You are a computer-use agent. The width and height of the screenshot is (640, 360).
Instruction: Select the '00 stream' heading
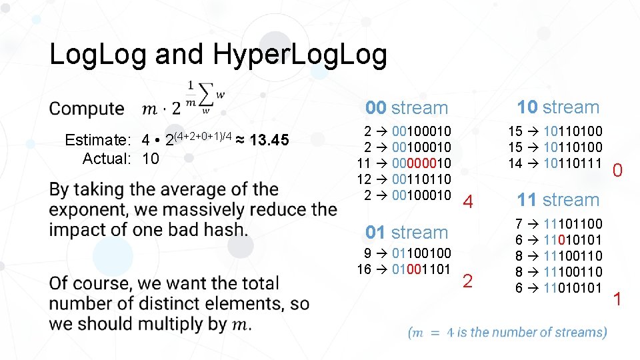(407, 108)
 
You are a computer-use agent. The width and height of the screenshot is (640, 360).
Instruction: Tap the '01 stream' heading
(407, 233)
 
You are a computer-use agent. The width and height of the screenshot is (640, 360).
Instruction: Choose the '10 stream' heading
(558, 107)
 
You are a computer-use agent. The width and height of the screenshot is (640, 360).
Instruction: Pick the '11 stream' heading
(558, 199)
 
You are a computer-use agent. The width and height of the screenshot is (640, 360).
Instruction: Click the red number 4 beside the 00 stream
(468, 202)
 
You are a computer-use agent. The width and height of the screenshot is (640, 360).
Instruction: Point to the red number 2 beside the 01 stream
(467, 281)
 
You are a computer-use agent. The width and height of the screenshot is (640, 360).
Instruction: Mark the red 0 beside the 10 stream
(617, 171)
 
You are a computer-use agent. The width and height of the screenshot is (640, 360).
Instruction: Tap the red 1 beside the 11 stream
(617, 299)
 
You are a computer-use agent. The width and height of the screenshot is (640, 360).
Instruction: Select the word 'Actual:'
(107, 159)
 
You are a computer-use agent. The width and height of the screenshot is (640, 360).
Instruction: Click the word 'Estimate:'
(97, 140)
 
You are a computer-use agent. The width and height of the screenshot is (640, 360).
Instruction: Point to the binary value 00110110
(422, 179)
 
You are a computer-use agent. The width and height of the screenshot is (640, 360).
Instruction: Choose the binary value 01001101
(422, 269)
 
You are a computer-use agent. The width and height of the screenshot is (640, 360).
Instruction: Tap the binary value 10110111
(573, 163)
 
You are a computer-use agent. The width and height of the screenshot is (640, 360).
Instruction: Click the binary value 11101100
(573, 224)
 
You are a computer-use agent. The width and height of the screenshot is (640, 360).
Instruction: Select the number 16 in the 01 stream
(364, 269)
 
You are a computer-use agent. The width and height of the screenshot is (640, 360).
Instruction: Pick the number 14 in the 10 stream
(515, 163)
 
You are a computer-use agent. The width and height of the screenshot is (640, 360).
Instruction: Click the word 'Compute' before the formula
(87, 109)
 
